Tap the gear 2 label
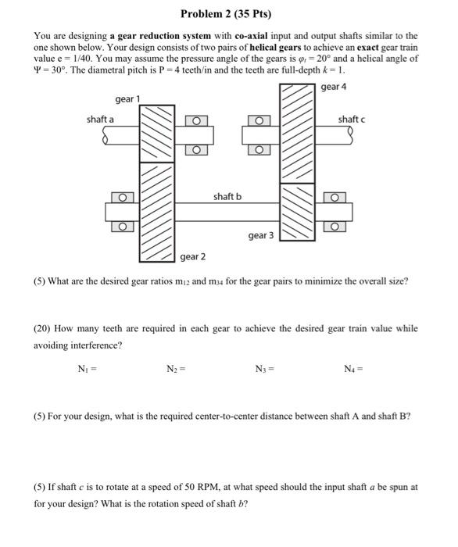[193, 256]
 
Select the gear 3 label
[260, 234]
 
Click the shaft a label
[100, 119]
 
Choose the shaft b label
[227, 196]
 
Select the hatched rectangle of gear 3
[297, 218]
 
